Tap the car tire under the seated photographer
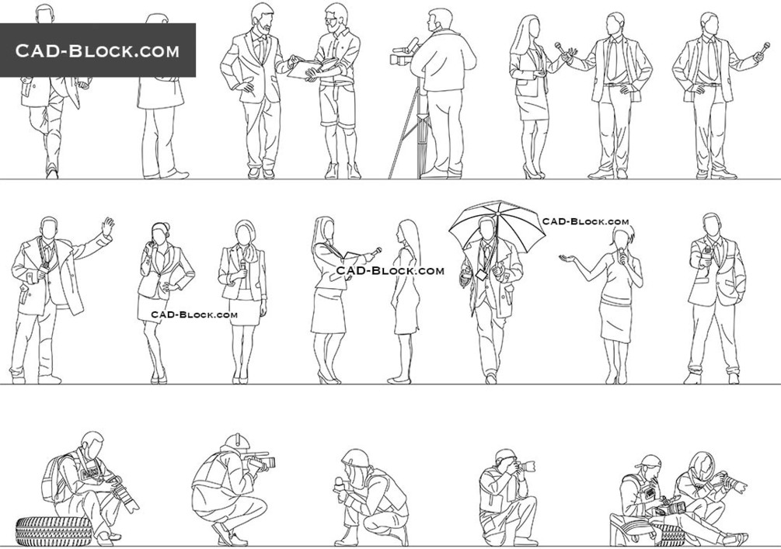54,530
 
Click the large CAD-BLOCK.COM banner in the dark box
97,50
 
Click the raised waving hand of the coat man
107,226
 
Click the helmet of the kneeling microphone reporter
356,458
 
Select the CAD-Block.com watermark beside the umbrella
585,221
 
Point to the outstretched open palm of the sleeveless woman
568,259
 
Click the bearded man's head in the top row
262,19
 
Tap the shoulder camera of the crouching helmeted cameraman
259,460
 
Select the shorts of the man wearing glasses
336,105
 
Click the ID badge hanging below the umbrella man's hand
481,274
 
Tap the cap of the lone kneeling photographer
506,455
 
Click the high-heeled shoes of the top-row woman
532,172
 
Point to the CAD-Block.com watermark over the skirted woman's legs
194,314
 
